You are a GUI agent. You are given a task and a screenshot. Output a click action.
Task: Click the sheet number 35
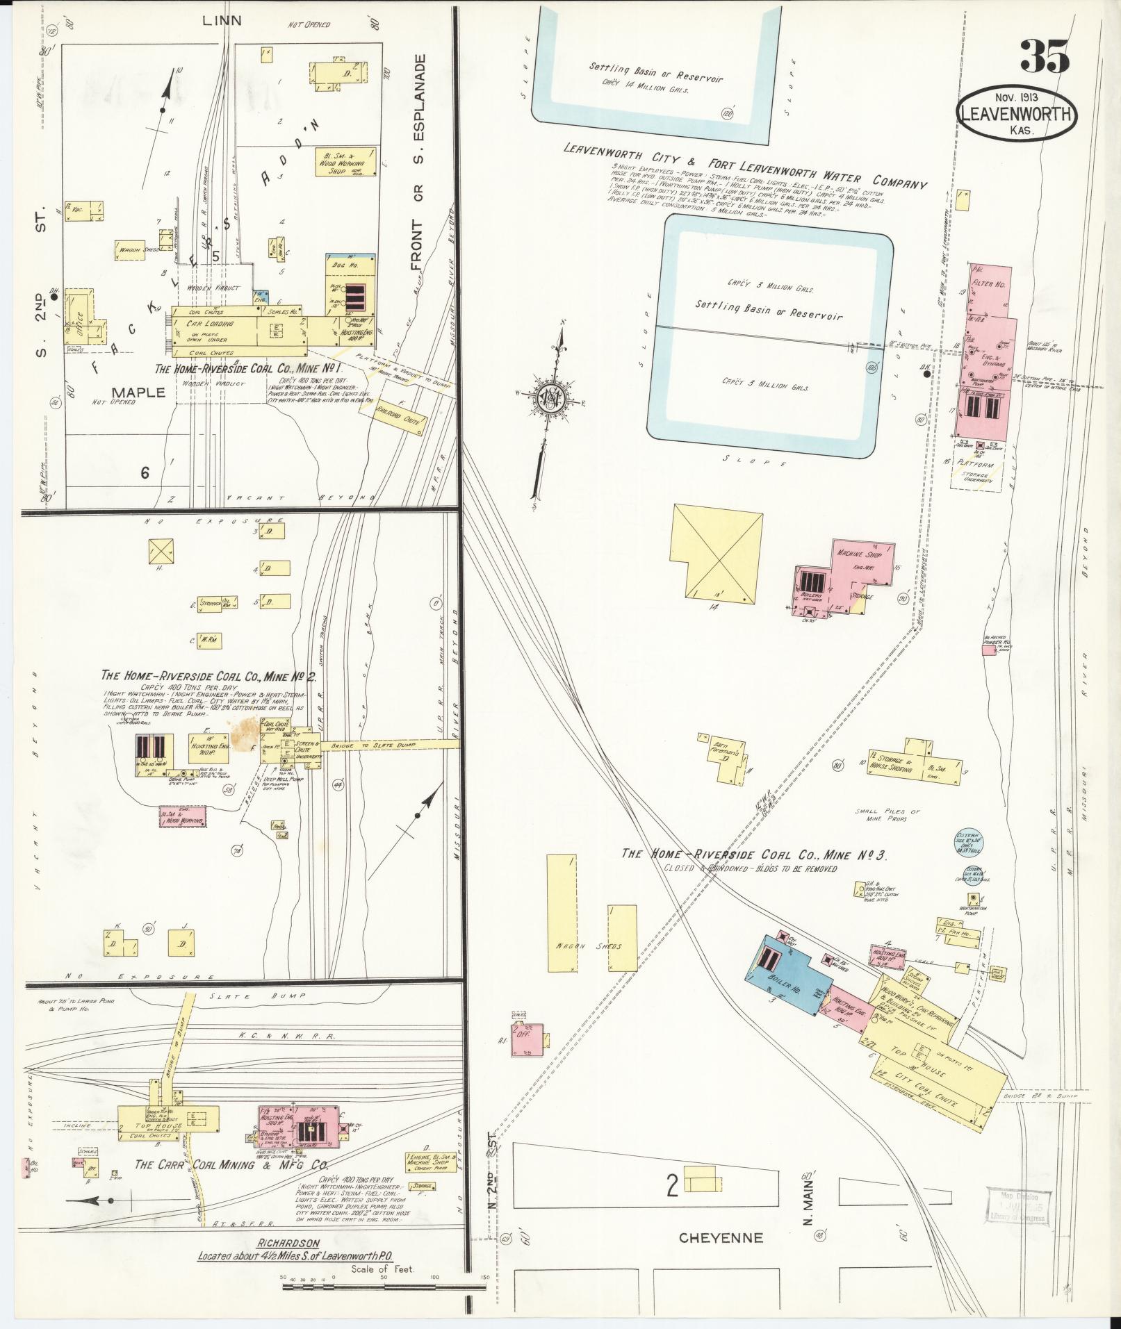click(x=1045, y=56)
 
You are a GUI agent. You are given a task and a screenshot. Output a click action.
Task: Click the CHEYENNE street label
click(x=720, y=1237)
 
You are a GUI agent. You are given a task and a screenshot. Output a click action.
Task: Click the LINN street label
click(x=222, y=21)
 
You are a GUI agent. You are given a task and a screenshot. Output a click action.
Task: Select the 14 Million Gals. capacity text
click(x=645, y=88)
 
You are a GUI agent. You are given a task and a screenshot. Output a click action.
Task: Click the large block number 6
click(x=145, y=473)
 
